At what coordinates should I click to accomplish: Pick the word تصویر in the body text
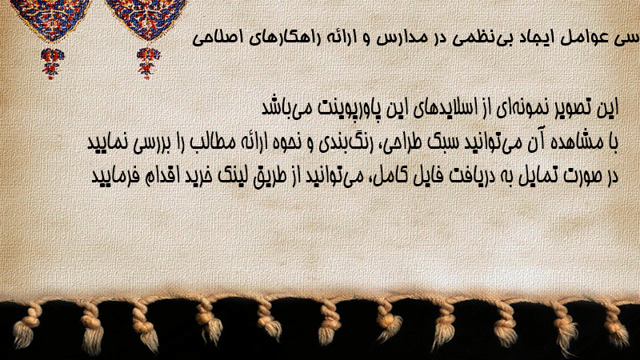tap(562, 108)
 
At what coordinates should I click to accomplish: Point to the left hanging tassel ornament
tap(52, 63)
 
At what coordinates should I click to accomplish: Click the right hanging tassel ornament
tap(148, 63)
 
